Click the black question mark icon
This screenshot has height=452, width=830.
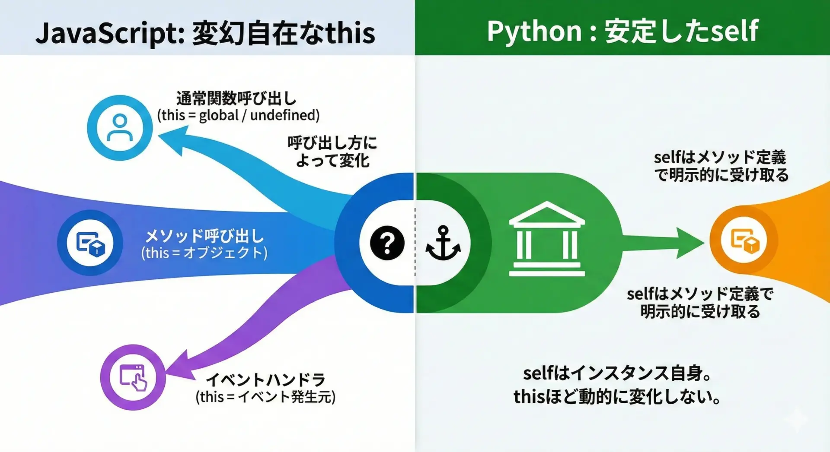[387, 243]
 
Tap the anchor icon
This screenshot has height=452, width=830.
[443, 243]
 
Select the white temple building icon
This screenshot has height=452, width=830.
[547, 239]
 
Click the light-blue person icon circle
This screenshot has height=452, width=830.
[120, 128]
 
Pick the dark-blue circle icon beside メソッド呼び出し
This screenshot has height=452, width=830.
[90, 243]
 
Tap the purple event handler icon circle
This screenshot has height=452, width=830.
[133, 377]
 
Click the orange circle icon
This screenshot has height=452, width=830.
[744, 240]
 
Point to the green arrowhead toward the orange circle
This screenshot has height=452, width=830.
[690, 243]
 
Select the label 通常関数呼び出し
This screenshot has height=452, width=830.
[236, 98]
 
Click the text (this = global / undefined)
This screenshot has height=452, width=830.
[238, 115]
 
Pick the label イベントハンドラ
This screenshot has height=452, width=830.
[265, 380]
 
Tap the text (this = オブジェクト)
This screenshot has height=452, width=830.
[204, 253]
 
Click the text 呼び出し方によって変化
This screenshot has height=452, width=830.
[332, 152]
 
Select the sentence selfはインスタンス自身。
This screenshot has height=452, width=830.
[617, 373]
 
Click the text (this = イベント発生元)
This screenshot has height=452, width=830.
[265, 397]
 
